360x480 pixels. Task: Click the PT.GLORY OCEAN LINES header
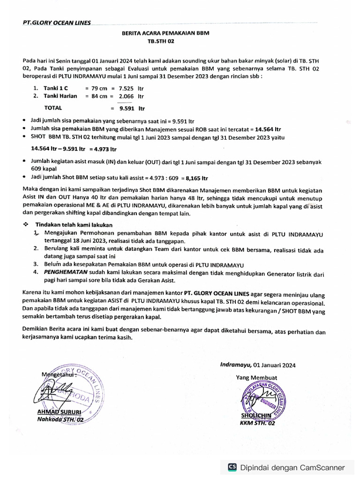click(57, 22)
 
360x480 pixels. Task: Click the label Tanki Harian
click(60, 96)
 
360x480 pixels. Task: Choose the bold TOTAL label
click(53, 108)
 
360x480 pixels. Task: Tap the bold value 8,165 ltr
click(197, 178)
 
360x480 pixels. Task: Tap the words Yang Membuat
click(256, 377)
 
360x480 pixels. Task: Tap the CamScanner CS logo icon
click(232, 467)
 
